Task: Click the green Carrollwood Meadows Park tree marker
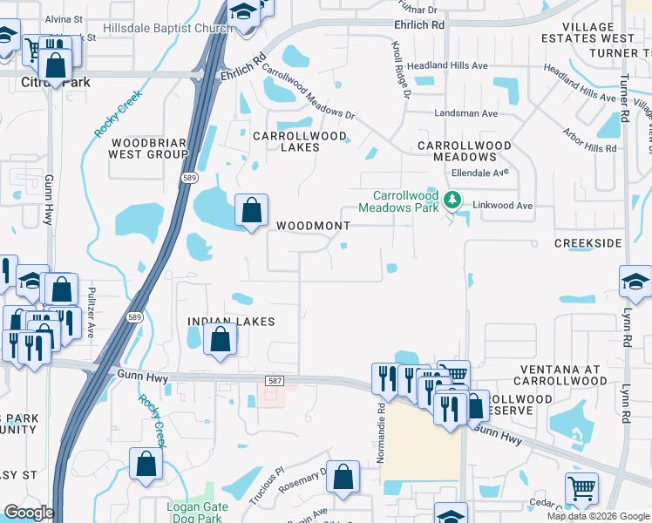pyautogui.click(x=452, y=200)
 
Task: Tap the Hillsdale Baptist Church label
pyautogui.click(x=167, y=28)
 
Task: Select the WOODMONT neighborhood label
pyautogui.click(x=313, y=226)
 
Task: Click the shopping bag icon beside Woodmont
pyautogui.click(x=251, y=211)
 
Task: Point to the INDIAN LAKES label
pyautogui.click(x=232, y=322)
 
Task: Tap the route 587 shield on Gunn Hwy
pyautogui.click(x=275, y=383)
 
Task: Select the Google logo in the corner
pyautogui.click(x=28, y=513)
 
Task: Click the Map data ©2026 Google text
pyautogui.click(x=598, y=516)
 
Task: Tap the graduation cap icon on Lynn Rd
pyautogui.click(x=635, y=282)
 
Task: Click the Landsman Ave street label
pyautogui.click(x=466, y=113)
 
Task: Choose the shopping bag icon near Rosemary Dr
pyautogui.click(x=343, y=478)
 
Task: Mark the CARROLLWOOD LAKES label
pyautogui.click(x=298, y=142)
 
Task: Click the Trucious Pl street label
pyautogui.click(x=267, y=483)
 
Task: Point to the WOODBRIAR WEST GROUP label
pyautogui.click(x=148, y=148)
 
